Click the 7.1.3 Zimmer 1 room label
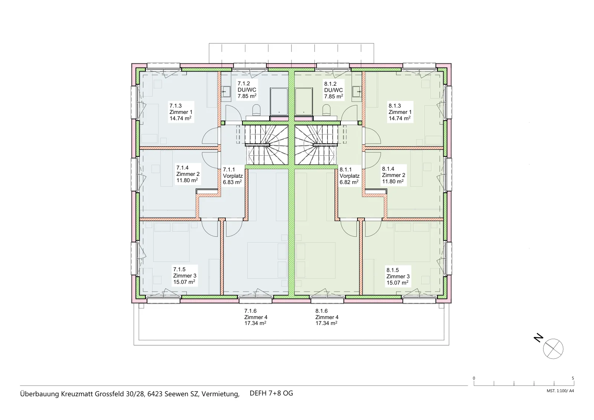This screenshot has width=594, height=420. [x=181, y=112]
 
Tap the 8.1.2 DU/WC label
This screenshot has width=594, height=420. [x=334, y=90]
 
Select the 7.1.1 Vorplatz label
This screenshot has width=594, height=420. [x=232, y=176]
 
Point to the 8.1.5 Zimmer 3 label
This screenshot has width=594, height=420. [x=398, y=276]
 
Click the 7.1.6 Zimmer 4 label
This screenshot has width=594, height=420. [x=256, y=317]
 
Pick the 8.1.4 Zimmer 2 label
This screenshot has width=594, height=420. [x=394, y=175]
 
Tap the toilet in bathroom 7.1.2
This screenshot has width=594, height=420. [x=257, y=110]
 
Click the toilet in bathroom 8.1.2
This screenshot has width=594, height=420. [x=326, y=110]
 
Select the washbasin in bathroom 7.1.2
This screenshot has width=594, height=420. [x=226, y=92]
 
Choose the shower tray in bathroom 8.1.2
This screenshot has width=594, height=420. [x=304, y=102]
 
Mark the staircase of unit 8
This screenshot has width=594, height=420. [x=316, y=145]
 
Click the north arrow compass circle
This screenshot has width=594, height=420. [x=553, y=349]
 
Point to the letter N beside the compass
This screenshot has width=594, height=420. [x=538, y=338]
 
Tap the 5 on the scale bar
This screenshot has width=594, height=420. [x=573, y=378]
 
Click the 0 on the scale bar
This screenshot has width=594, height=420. [x=474, y=378]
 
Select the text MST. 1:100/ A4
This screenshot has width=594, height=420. [x=560, y=391]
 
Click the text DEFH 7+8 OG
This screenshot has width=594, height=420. [x=271, y=393]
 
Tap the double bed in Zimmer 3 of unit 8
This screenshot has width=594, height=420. [x=411, y=242]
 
